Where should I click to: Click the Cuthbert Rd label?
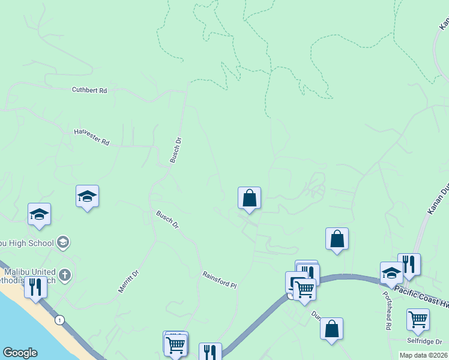[x=89, y=90]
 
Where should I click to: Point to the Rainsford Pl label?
[x=220, y=279]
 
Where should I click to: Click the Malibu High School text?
[x=27, y=242]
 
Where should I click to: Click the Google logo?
[x=20, y=353]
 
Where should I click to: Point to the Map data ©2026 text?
[x=423, y=355]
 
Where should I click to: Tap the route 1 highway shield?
[x=59, y=320]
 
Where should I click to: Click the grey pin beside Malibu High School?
[x=63, y=242]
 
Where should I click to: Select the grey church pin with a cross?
[x=65, y=275]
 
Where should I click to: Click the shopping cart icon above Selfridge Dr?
[x=418, y=319]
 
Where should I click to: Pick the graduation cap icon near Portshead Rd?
[x=391, y=272]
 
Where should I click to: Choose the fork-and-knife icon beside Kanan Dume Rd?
[x=409, y=263]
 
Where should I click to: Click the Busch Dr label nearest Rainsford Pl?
[x=167, y=219]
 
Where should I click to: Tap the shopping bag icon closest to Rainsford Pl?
[x=249, y=197]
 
